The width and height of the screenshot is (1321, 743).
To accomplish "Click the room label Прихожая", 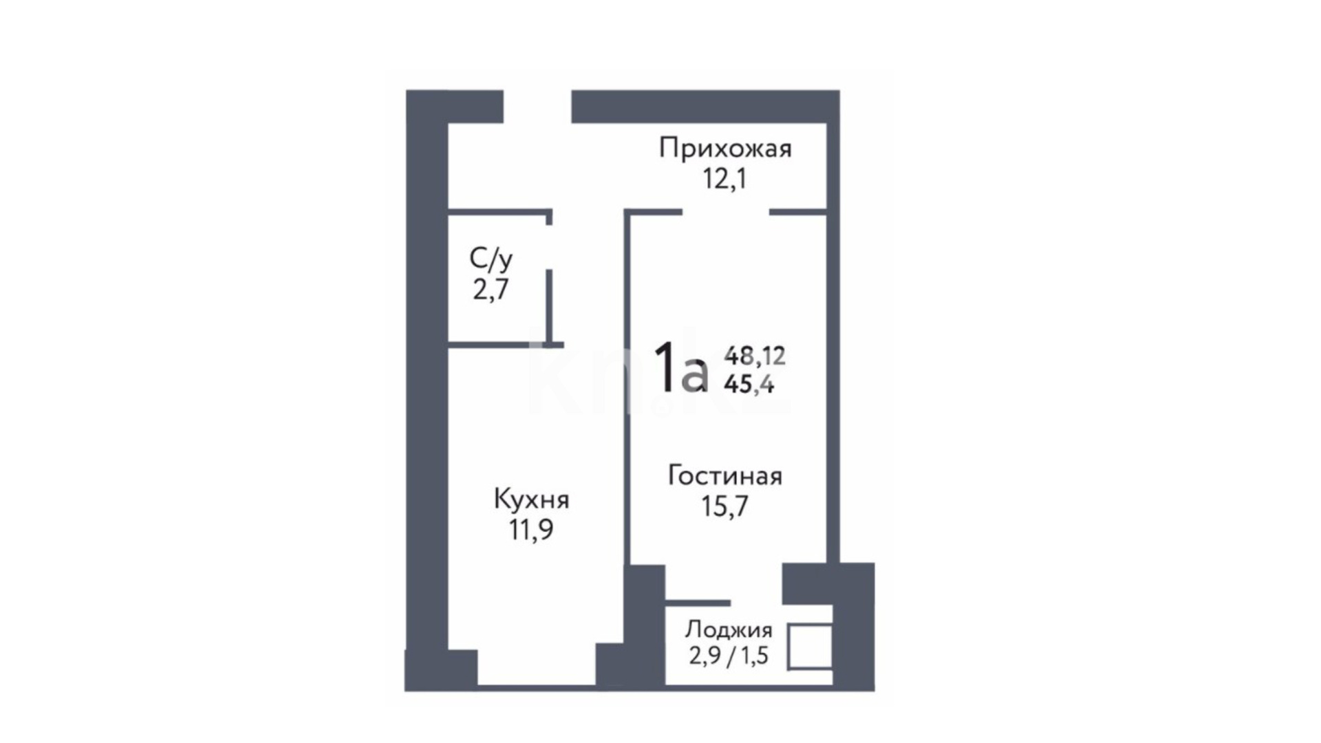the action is [x=725, y=149].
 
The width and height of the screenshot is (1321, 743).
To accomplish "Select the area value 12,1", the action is [x=724, y=179].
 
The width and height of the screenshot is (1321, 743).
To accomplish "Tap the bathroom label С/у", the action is [x=491, y=259].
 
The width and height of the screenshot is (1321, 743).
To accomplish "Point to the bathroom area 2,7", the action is [x=491, y=289].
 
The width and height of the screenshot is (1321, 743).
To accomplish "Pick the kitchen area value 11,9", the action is [x=531, y=530].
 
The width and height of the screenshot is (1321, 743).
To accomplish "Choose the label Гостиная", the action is [x=725, y=475].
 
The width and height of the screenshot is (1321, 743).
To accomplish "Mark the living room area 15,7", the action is [x=724, y=506].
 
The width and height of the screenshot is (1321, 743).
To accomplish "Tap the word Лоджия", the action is [x=729, y=629].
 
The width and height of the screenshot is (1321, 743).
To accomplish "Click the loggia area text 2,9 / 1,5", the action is [x=729, y=656].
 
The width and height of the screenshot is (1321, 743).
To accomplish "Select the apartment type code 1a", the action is [x=680, y=368].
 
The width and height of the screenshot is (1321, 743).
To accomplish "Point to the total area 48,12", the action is [x=755, y=356].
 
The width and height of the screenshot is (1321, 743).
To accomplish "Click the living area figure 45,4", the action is [x=749, y=384].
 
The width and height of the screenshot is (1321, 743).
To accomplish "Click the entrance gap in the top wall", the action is [x=537, y=107].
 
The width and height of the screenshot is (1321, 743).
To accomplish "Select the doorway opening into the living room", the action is [x=725, y=212].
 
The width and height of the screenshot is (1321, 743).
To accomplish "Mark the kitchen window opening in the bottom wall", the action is [x=537, y=685].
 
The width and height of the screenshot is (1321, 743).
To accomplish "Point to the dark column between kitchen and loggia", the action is [x=644, y=626].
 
